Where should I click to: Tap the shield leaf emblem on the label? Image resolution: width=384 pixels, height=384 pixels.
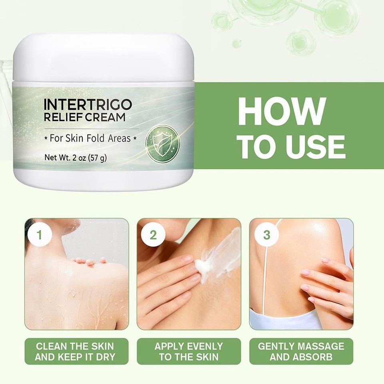pyautogui.click(x=161, y=142)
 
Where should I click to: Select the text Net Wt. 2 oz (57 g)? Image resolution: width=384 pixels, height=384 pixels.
pyautogui.click(x=75, y=157)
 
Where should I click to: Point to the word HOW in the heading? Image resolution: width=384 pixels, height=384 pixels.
pyautogui.click(x=282, y=111)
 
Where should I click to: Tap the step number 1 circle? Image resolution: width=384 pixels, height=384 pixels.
pyautogui.click(x=39, y=235)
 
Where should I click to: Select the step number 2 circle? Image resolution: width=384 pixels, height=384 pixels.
pyautogui.click(x=153, y=235)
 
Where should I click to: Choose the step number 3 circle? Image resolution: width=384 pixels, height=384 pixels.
pyautogui.click(x=266, y=235)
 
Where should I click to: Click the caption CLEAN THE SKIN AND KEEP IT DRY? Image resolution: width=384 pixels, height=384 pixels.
pyautogui.click(x=75, y=351)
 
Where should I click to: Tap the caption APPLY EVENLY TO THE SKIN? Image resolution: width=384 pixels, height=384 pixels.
pyautogui.click(x=189, y=351)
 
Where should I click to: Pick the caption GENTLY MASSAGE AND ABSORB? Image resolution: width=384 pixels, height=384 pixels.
pyautogui.click(x=301, y=351)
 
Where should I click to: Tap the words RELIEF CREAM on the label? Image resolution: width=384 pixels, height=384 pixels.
pyautogui.click(x=85, y=117)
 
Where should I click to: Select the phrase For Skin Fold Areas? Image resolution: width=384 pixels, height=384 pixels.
pyautogui.click(x=90, y=138)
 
